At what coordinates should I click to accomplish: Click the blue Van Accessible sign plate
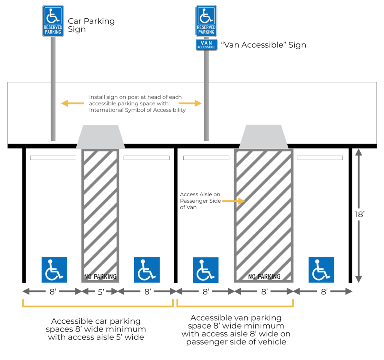[x=206, y=45]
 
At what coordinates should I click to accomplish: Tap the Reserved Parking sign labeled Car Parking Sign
[x=53, y=21]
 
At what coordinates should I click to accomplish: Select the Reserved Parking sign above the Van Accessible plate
[x=206, y=21]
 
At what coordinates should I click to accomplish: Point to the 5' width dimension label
[x=100, y=292]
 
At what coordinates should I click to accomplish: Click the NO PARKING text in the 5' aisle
[x=100, y=277]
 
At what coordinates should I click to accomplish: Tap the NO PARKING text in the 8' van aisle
[x=264, y=277]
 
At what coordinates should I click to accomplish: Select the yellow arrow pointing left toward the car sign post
[x=72, y=103]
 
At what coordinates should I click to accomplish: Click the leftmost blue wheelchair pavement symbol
[x=54, y=270]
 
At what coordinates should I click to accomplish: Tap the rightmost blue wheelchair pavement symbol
[x=321, y=270]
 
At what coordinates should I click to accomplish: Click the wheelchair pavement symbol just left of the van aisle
[x=205, y=270]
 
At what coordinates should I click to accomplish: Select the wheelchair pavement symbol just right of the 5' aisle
[x=147, y=270]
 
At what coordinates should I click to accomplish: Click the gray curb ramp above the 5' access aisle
[x=100, y=137]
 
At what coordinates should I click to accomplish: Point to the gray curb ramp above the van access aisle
[x=264, y=137]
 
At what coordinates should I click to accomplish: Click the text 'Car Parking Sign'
[x=91, y=25]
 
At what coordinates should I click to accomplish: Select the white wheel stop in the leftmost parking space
[x=53, y=158]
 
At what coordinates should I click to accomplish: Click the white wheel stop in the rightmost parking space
[x=320, y=158]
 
